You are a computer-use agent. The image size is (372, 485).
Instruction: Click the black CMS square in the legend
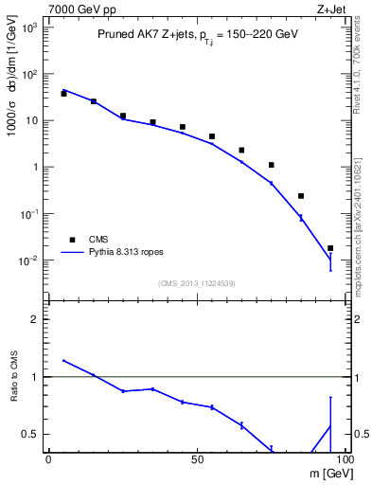[73, 240]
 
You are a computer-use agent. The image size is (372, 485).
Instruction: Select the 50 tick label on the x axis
[197, 459]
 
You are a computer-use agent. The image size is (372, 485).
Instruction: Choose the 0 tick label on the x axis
[48, 459]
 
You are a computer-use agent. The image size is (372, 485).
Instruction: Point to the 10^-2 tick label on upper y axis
[29, 260]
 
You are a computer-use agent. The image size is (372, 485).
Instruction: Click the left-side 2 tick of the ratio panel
[33, 319]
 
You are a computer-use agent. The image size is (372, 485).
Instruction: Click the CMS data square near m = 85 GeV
[301, 196]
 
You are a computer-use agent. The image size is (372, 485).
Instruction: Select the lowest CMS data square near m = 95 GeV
[330, 248]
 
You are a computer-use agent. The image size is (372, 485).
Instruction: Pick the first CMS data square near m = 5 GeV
[63, 94]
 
